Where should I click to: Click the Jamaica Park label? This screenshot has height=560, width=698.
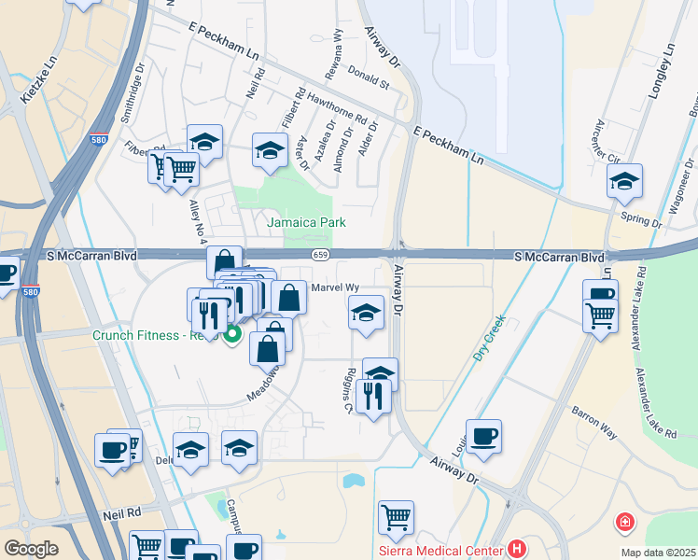click(x=306, y=222)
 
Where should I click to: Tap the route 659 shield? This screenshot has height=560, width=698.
click(x=321, y=256)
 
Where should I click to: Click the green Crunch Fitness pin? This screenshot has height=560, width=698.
click(x=232, y=333)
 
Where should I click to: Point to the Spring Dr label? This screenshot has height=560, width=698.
click(x=645, y=224)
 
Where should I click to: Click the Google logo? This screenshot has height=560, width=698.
click(x=31, y=549)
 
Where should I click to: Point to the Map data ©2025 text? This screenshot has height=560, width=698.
click(x=658, y=553)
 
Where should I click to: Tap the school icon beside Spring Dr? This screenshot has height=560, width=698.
click(x=624, y=180)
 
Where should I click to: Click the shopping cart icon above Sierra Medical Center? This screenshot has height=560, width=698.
click(x=397, y=518)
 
